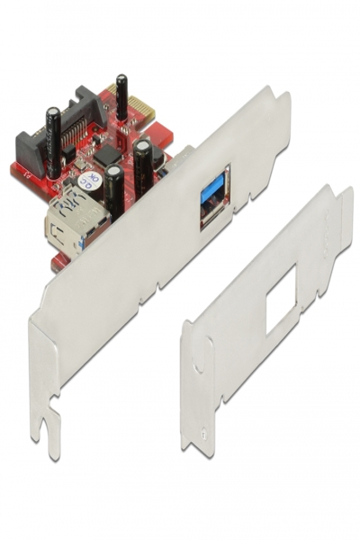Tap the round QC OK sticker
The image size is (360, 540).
point(90,181)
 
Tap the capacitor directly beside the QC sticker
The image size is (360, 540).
point(113,191)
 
